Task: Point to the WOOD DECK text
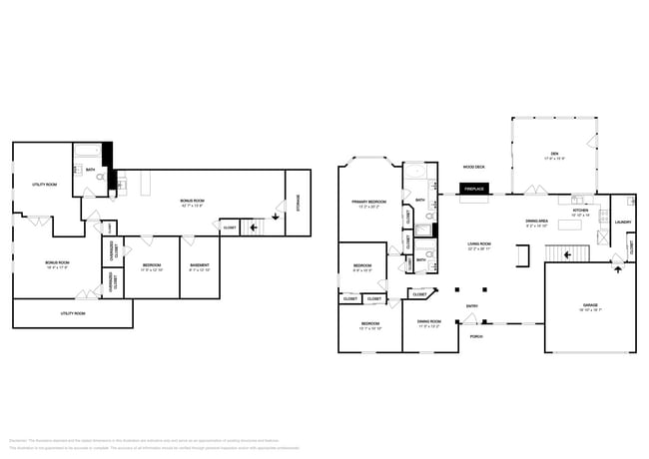[473, 167]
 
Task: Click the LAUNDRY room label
[623, 223]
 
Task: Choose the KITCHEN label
[579, 213]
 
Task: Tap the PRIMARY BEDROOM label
[368, 204]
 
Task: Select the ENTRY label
[471, 307]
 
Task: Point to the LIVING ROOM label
[480, 245]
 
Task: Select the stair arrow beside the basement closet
[254, 227]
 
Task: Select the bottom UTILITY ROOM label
[73, 313]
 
